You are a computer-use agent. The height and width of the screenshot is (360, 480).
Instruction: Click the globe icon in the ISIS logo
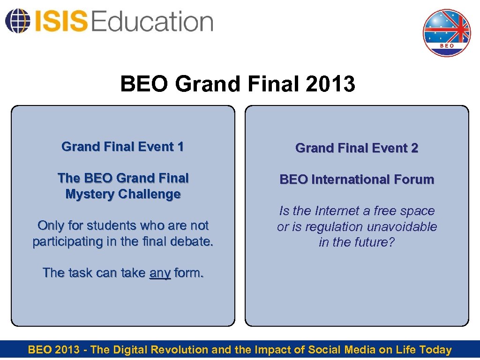[x=16, y=22]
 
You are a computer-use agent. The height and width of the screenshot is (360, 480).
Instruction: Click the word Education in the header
[x=152, y=22]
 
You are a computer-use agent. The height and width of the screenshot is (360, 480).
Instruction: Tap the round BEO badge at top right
[x=446, y=33]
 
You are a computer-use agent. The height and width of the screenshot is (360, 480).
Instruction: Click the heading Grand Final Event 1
[x=123, y=147]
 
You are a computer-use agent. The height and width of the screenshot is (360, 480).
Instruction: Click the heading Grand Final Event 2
[x=357, y=148]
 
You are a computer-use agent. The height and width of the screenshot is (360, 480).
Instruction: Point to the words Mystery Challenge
[x=123, y=194]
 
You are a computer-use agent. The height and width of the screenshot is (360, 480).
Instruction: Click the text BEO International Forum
[x=357, y=180]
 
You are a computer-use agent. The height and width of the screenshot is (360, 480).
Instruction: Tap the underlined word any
[x=160, y=273]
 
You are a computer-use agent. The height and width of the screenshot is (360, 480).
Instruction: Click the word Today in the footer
[x=435, y=350]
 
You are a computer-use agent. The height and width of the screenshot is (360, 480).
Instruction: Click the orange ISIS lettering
[x=60, y=22]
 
